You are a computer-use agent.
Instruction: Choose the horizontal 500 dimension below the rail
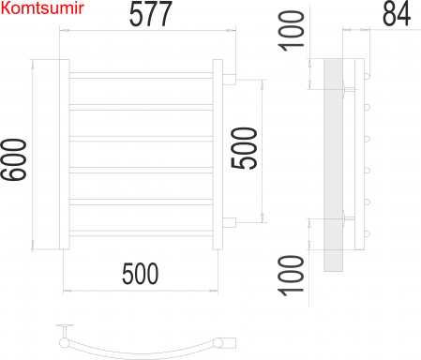click(140, 274)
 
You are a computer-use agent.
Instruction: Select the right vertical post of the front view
click(218, 155)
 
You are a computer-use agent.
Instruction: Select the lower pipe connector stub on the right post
click(229, 221)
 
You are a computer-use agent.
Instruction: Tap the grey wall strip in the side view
click(333, 164)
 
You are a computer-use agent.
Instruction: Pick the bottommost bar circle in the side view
click(368, 232)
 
